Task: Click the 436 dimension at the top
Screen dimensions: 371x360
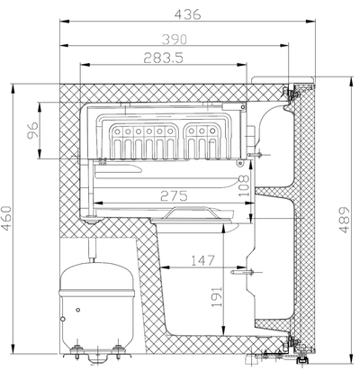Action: [x=186, y=14]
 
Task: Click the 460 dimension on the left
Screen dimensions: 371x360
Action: [x=8, y=219]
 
